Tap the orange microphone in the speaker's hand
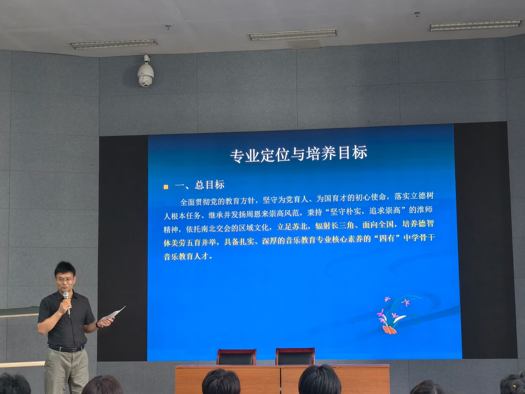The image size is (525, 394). [x=67, y=303]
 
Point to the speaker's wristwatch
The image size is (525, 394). [x=98, y=325]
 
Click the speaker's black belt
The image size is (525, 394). [x=66, y=349]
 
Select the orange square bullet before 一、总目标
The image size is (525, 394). [x=166, y=187]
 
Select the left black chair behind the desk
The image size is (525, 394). [x=236, y=357]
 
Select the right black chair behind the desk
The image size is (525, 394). [x=295, y=356]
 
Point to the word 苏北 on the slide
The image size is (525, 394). [x=300, y=226]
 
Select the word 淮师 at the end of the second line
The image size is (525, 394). [x=425, y=210]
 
